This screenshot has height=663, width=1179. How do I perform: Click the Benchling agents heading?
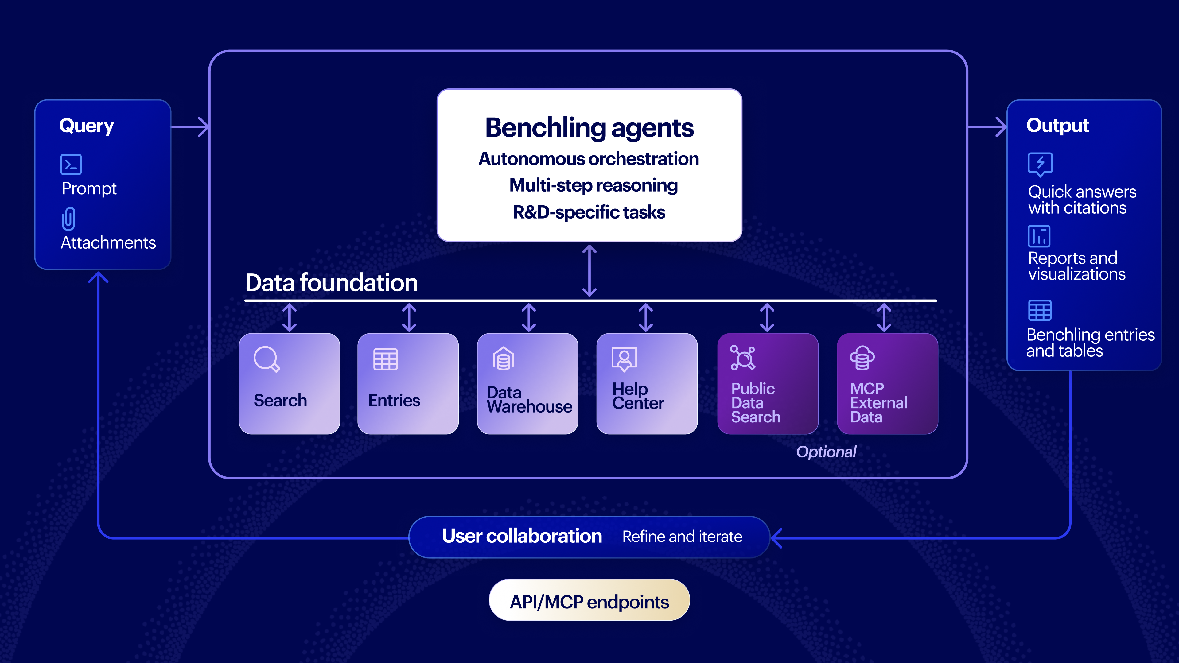pos(589,128)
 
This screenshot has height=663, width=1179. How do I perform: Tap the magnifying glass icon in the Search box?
pos(267,359)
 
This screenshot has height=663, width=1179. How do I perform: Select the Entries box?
pos(408,383)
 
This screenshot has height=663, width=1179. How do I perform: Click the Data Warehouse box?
pos(527,383)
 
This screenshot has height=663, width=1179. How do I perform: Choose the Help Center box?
pos(647,383)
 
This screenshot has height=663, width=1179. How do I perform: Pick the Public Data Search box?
pos(768,383)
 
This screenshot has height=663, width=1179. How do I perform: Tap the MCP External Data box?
pos(887,383)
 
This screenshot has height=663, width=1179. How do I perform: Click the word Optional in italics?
pos(826,452)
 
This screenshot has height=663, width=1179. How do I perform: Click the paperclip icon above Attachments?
pos(69,219)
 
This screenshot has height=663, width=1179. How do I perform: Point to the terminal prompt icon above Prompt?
pos(71,164)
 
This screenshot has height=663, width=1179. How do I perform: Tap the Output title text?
pos(1057,125)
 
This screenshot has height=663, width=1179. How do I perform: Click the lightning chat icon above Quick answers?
pos(1040,164)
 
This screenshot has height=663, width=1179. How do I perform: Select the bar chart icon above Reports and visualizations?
pos(1039,236)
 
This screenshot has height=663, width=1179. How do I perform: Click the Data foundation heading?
pos(331,282)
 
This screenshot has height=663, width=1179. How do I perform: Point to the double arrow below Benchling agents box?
pos(589,271)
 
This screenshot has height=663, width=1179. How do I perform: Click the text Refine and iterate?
pos(682,536)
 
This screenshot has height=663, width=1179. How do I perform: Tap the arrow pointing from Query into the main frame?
pos(190,127)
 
